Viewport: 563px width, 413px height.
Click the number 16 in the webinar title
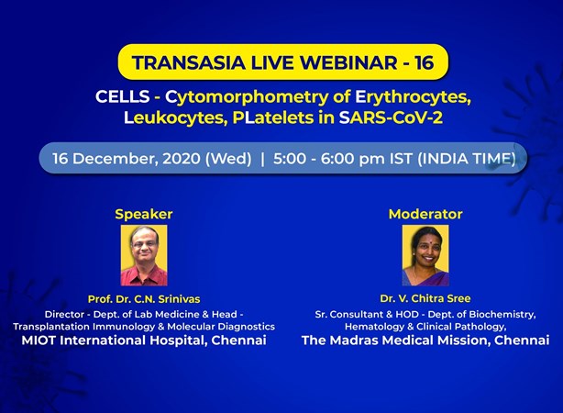point(425,62)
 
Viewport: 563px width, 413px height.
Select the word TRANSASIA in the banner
point(189,62)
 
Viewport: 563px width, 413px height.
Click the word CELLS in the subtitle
point(123,96)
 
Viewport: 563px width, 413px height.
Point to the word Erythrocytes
point(413,97)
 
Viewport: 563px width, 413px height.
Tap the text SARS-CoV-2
point(391,117)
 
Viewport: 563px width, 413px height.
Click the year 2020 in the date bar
point(181,159)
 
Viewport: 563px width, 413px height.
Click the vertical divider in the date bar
point(263,159)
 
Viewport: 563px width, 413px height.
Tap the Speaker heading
point(144,214)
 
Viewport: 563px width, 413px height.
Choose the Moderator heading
point(425,214)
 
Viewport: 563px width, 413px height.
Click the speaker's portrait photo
point(144,255)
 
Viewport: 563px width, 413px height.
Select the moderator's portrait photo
point(425,255)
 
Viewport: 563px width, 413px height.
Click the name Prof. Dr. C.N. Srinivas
point(144,299)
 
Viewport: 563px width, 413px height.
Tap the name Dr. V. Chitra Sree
point(425,298)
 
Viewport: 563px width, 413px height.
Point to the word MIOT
point(39,340)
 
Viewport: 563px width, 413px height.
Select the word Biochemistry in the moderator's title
point(502,315)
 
